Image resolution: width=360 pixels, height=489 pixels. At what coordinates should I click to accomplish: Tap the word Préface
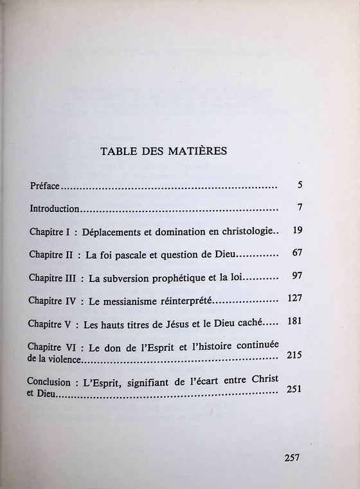pyautogui.click(x=44, y=186)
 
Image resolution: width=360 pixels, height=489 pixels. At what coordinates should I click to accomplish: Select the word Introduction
pyautogui.click(x=55, y=209)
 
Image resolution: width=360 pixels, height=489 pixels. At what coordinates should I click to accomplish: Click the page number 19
pyautogui.click(x=296, y=230)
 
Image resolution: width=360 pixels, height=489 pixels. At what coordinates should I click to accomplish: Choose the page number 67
pyautogui.click(x=296, y=252)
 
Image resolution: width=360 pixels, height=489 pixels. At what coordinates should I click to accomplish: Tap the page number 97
pyautogui.click(x=296, y=275)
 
